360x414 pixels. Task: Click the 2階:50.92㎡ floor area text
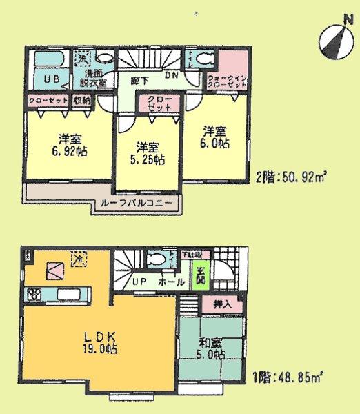(x=291, y=175)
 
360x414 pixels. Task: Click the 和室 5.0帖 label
(x=209, y=348)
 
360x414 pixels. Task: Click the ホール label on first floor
(x=170, y=283)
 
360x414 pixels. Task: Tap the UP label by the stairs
(x=138, y=283)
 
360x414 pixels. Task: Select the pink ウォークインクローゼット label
(x=226, y=81)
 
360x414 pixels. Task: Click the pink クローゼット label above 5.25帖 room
(x=160, y=104)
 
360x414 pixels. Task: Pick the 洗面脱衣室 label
(x=95, y=77)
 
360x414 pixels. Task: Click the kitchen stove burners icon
(x=33, y=295)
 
